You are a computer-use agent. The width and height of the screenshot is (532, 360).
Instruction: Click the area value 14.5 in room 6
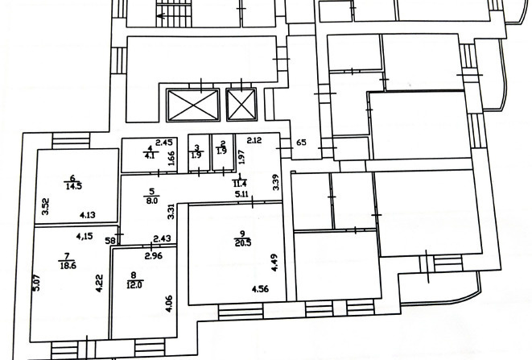click(73, 186)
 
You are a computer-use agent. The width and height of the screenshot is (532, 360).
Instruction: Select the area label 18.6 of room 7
click(68, 265)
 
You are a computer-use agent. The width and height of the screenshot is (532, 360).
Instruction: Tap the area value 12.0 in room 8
click(134, 285)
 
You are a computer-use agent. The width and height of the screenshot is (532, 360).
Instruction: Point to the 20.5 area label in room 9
click(243, 242)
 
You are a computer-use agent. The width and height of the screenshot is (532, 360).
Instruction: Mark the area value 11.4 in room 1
click(240, 184)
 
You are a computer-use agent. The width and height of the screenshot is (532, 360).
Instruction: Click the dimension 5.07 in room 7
click(37, 282)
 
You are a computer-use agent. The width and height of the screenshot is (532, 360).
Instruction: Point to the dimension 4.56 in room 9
click(260, 289)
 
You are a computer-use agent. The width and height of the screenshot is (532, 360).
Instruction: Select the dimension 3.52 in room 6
click(45, 206)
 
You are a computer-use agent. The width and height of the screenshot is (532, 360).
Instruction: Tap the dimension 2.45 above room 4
click(164, 143)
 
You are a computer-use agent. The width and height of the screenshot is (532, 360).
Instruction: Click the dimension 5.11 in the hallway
click(242, 195)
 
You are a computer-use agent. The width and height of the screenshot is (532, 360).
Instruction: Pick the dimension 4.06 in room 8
click(169, 304)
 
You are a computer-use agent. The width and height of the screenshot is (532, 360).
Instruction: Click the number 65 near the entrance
click(301, 143)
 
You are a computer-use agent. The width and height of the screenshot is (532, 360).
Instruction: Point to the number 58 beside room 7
click(110, 241)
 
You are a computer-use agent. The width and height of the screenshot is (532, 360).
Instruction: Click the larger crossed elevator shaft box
click(193, 105)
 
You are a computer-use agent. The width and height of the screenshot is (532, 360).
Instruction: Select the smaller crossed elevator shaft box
click(241, 105)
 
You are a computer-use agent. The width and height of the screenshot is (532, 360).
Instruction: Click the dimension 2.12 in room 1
click(254, 140)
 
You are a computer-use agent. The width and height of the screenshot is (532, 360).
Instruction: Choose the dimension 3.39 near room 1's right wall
click(276, 182)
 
